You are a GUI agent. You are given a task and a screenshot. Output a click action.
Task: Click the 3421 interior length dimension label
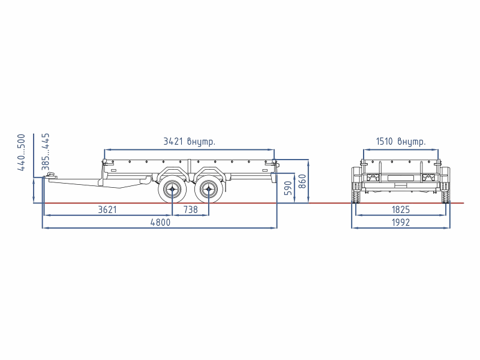point(189,142)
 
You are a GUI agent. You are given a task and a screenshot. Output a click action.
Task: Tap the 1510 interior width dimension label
point(401,142)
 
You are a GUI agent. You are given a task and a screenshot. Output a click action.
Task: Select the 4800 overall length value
point(160,222)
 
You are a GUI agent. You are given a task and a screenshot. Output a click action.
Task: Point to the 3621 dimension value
point(107,209)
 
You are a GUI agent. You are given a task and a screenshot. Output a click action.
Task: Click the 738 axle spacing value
point(190,209)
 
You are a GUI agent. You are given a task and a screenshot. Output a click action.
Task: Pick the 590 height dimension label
point(288,188)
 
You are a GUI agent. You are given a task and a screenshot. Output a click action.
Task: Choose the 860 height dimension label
point(302,181)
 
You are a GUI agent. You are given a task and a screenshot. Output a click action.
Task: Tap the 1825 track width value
point(401,209)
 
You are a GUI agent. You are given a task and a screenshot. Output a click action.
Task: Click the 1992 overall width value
point(401,222)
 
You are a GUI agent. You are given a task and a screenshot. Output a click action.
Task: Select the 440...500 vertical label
point(22,152)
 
